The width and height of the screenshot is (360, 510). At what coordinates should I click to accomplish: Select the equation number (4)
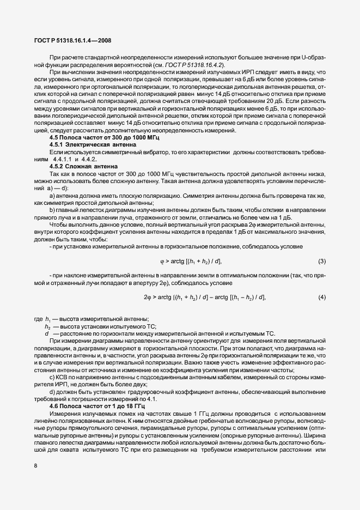tap(321, 297)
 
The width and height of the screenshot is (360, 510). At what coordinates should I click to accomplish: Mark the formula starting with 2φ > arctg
tap(204, 297)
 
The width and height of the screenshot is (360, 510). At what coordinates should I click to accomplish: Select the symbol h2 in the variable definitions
tap(48, 325)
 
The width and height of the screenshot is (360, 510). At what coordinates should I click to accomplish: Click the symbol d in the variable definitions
tap(47, 332)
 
